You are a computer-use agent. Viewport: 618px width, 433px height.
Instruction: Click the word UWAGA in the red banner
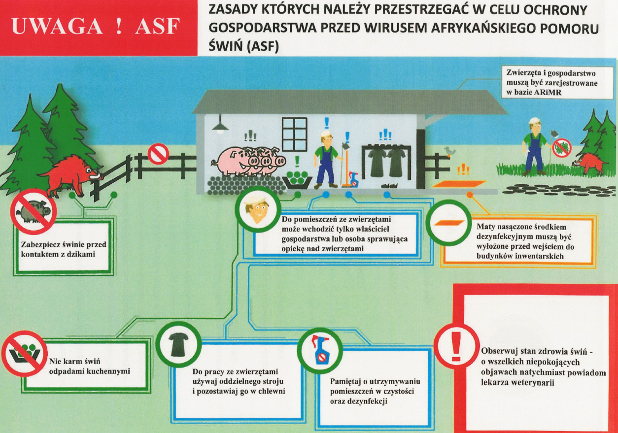click(57, 27)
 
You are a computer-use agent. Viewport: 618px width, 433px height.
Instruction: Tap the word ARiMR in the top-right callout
click(547, 92)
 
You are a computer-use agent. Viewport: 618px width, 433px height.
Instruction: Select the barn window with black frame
click(294, 134)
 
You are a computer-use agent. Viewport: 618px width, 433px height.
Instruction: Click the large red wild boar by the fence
click(71, 176)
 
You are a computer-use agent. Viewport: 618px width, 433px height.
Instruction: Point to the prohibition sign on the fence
click(158, 154)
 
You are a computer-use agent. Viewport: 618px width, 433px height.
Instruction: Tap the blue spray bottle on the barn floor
click(353, 179)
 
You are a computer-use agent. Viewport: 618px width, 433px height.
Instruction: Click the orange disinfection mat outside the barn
click(459, 184)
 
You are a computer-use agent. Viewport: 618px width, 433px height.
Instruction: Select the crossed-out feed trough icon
click(25, 354)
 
